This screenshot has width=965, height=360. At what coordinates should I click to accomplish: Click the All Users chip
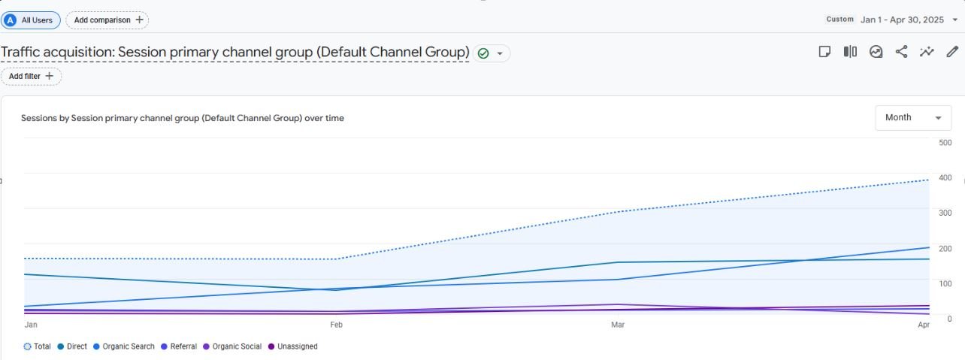pyautogui.click(x=31, y=20)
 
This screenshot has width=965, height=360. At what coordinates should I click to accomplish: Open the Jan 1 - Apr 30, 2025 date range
pyautogui.click(x=902, y=20)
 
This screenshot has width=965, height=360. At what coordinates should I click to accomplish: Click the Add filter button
pyautogui.click(x=31, y=76)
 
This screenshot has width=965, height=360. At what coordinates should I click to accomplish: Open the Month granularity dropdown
pyautogui.click(x=913, y=117)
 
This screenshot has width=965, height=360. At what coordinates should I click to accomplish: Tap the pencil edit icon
pyautogui.click(x=952, y=52)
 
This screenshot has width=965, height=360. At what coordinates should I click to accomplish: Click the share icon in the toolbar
pyautogui.click(x=901, y=52)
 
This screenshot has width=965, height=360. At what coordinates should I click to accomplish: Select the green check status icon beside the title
pyautogui.click(x=483, y=53)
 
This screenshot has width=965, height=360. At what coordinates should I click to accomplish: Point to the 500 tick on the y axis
pyautogui.click(x=945, y=143)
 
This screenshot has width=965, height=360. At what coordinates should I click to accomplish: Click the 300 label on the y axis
pyautogui.click(x=945, y=213)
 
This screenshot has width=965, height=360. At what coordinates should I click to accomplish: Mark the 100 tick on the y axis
pyautogui.click(x=945, y=283)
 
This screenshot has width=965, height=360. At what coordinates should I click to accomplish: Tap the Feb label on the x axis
pyautogui.click(x=336, y=325)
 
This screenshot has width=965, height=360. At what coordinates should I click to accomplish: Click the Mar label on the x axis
pyautogui.click(x=618, y=325)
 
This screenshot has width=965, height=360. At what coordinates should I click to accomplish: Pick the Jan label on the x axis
pyautogui.click(x=31, y=325)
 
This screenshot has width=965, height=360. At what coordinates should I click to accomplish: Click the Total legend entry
pyautogui.click(x=37, y=346)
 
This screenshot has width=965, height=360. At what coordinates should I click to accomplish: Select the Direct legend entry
pyautogui.click(x=72, y=346)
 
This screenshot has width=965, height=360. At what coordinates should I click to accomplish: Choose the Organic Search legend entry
pyautogui.click(x=124, y=346)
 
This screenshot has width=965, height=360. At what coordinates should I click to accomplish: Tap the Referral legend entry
pyautogui.click(x=179, y=346)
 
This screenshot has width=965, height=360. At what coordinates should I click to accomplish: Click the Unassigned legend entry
pyautogui.click(x=293, y=346)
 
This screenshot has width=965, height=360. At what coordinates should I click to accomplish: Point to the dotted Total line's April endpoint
pyautogui.click(x=929, y=180)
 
